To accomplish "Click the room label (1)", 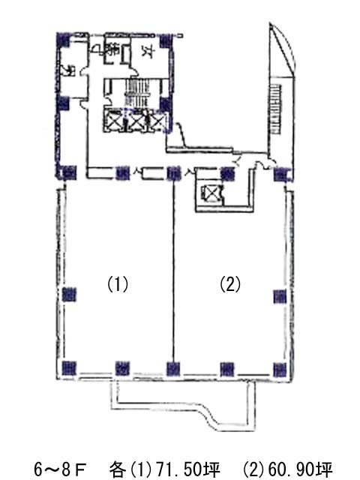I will [118, 284].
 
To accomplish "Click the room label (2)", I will [229, 284].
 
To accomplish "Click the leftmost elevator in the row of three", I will [115, 121].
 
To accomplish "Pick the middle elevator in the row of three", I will [136, 121].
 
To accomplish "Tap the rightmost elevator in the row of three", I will [157, 121].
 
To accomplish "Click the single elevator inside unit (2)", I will [211, 194].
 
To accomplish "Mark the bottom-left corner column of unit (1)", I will [70, 367].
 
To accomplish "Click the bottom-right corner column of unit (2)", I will [280, 367].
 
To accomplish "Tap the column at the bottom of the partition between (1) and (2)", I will [174, 367].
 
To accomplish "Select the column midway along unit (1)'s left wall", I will [70, 293].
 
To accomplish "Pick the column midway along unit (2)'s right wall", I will [280, 293].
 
